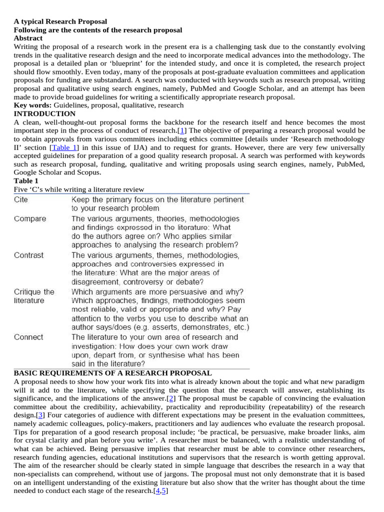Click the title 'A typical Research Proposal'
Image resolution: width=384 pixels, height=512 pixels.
pyautogui.click(x=60, y=21)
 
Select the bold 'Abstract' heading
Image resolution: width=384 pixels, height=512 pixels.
pyautogui.click(x=28, y=38)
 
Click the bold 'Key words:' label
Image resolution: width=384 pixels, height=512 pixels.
pyautogui.click(x=32, y=105)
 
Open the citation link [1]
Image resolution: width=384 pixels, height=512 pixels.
pyautogui.click(x=183, y=130)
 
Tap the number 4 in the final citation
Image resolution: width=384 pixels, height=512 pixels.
pyautogui.click(x=158, y=491)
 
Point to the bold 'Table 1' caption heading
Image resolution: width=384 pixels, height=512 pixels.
pyautogui.click(x=26, y=180)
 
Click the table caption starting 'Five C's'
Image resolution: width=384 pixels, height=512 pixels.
pyautogui.click(x=79, y=189)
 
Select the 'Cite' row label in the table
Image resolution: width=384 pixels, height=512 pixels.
pyautogui.click(x=21, y=199)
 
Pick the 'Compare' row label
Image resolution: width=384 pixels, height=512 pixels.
pyautogui.click(x=29, y=218)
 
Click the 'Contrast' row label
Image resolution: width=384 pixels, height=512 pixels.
pyautogui.click(x=28, y=255)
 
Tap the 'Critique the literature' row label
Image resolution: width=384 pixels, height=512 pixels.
pyautogui.click(x=33, y=296)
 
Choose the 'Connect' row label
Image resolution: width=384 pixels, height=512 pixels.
pyautogui.click(x=28, y=337)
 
